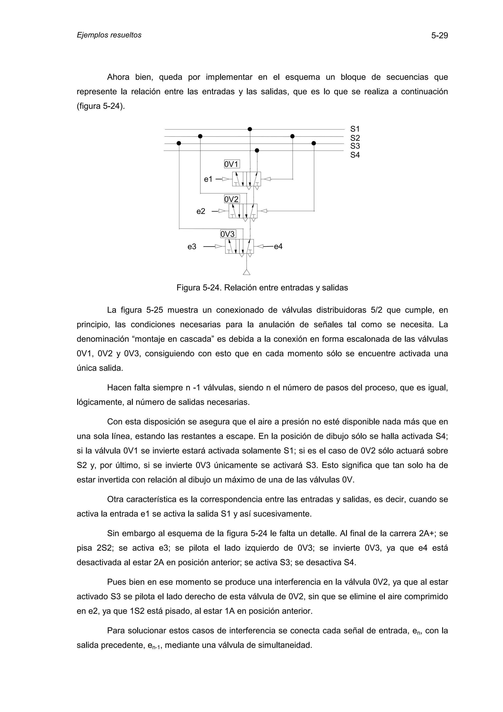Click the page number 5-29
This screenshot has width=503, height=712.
pos(439,36)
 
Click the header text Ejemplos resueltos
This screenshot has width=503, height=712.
pos(109,35)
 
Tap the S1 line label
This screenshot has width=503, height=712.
pos(355,129)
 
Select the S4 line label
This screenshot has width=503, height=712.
pos(355,155)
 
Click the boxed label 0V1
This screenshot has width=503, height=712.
pos(232,164)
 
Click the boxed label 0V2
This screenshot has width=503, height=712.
pos(232,199)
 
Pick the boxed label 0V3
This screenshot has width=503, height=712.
pos(228,234)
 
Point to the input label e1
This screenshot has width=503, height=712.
pos(208,179)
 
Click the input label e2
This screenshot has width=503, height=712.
pos(201,212)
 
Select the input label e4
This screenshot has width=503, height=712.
pos(278,246)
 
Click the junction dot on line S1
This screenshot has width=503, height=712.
pos(250,129)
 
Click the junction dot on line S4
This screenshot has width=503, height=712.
pos(257,150)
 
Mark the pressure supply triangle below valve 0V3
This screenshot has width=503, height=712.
pos(246,272)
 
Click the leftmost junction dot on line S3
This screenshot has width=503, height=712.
pos(179,143)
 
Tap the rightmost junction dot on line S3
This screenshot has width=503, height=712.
pos(314,143)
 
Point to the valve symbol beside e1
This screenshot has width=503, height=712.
pos(246,179)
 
